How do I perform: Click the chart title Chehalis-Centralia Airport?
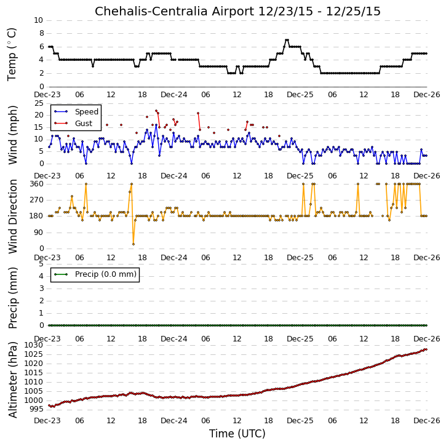174,12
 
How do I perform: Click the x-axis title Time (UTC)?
237,434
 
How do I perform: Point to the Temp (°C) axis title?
12,54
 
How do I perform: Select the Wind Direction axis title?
12,217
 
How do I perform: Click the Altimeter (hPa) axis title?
12,380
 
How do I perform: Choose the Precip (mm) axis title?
12,298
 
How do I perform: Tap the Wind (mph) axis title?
12,135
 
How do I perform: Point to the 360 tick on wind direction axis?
37,184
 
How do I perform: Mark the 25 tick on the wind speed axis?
39,103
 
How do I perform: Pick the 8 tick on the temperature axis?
42,33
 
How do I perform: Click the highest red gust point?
156,111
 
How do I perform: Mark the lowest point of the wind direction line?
133,244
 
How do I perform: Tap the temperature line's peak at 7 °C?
287,40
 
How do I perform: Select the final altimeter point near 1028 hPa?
426,349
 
